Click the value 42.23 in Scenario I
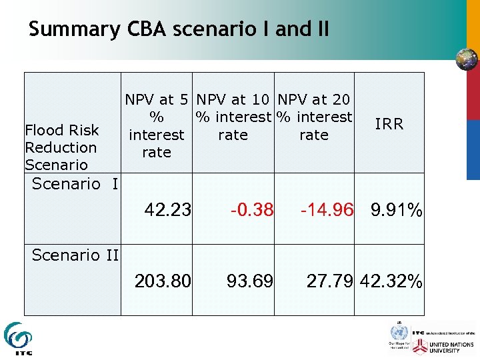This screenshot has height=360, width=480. (168, 211)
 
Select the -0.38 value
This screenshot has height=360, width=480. (251, 211)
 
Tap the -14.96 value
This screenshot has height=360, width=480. (327, 211)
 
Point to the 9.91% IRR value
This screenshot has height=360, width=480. (397, 211)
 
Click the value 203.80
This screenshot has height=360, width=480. (163, 281)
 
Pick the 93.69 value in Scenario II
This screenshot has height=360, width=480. (250, 281)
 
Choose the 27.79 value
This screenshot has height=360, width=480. (330, 281)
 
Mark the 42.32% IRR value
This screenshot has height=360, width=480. (391, 281)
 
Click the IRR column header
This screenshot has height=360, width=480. (389, 125)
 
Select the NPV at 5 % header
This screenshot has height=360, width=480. (157, 126)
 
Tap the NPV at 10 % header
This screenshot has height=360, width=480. (233, 117)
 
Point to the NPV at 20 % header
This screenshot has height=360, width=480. (313, 117)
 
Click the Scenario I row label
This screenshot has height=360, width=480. (75, 183)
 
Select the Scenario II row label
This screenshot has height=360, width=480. (75, 254)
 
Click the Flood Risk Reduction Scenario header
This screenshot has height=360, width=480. (61, 147)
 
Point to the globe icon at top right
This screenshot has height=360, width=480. (467, 59)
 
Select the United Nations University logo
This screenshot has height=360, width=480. (443, 346)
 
